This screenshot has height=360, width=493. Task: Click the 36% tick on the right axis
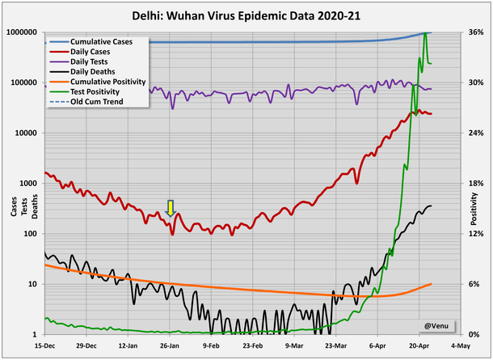click(x=475, y=32)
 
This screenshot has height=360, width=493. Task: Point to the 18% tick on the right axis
click(x=475, y=184)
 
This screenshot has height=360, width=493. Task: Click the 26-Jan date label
click(x=170, y=345)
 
